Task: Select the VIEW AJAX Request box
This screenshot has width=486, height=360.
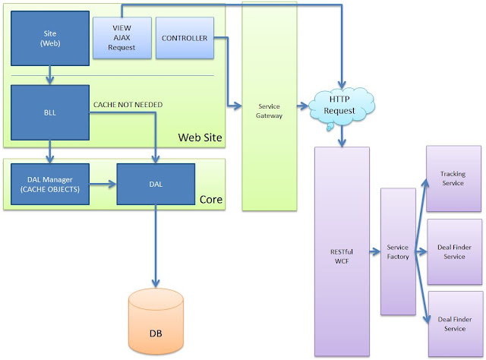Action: tap(116, 37)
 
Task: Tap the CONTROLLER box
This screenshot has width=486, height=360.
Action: tap(185, 37)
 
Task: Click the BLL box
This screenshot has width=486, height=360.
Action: tap(50, 112)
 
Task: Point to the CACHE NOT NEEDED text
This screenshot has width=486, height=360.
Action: tap(127, 104)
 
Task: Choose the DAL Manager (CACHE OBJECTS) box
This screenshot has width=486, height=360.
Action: tap(50, 183)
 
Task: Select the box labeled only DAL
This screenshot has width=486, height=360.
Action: tap(155, 183)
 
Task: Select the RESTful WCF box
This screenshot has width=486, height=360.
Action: tap(341, 251)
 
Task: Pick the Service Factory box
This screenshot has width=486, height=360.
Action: tap(398, 251)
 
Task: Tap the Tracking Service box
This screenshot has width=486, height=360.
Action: tap(453, 178)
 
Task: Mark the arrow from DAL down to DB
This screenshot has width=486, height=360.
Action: tap(155, 243)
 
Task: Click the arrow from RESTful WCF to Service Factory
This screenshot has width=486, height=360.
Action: tap(374, 251)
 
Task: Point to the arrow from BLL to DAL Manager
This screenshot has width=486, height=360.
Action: tap(50, 150)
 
